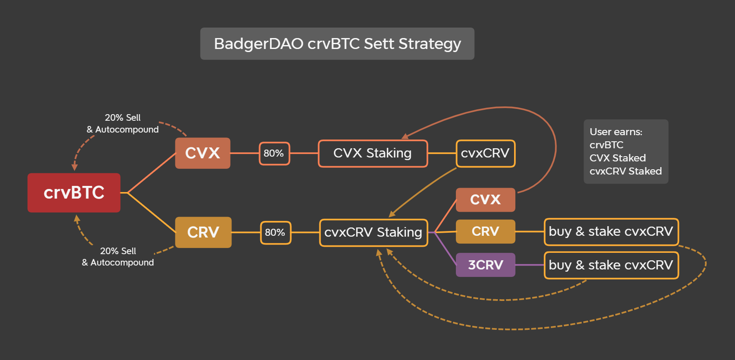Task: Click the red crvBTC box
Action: point(74,192)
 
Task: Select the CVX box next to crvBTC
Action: point(203,153)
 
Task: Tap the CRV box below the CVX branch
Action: point(203,232)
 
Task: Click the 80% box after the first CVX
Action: point(274,154)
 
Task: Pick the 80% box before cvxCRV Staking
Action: point(275,233)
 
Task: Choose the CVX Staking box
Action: point(373,154)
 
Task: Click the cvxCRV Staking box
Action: point(373,233)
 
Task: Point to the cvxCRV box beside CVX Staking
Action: point(485,154)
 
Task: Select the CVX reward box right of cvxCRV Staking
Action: point(485,199)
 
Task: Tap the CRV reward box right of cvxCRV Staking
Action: point(485,231)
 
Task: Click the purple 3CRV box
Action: point(485,265)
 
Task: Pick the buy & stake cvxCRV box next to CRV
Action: point(611,232)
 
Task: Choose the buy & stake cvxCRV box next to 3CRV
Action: point(611,266)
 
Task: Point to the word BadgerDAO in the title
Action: point(259,44)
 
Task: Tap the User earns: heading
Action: point(616,132)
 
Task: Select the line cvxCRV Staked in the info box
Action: point(626,171)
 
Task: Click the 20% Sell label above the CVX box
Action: point(122,118)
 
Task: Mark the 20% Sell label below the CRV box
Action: point(118,251)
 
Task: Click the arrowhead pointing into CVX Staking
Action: point(405,136)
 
